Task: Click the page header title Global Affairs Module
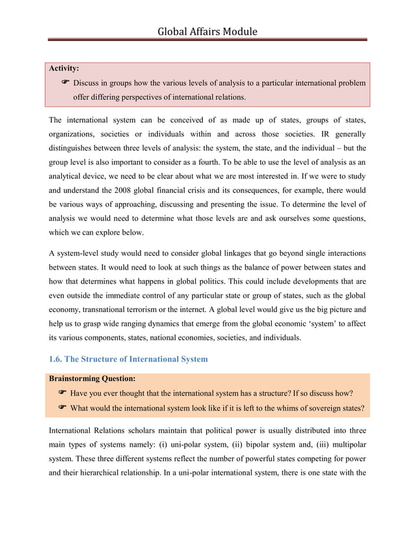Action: point(207,31)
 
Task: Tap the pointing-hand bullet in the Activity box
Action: point(66,83)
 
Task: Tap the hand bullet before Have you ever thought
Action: point(62,393)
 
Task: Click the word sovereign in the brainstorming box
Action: point(323,409)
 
